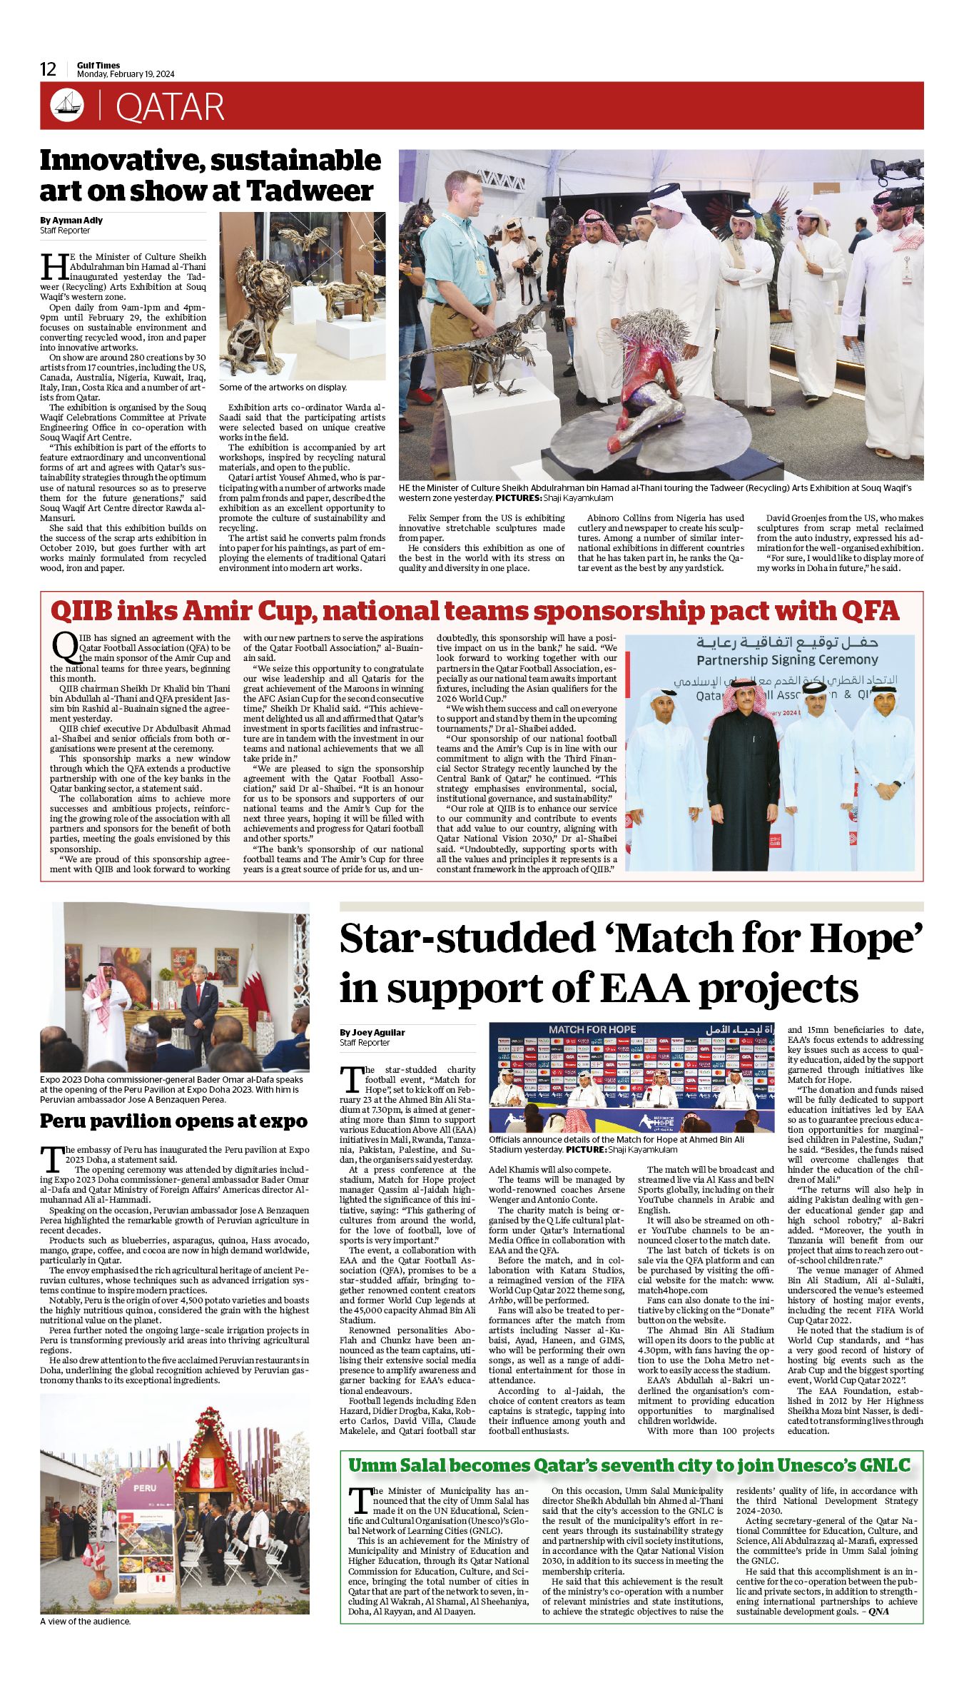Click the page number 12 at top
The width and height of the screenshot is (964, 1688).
(x=48, y=69)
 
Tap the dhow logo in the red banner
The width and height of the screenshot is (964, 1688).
(x=67, y=106)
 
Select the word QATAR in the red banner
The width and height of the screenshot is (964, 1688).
(x=170, y=107)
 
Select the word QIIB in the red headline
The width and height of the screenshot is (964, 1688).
(x=81, y=611)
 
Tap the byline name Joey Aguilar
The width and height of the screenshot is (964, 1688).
(x=372, y=1032)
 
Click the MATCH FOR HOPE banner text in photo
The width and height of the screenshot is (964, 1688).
(x=592, y=1029)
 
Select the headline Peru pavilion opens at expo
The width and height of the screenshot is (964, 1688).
(x=173, y=1121)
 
